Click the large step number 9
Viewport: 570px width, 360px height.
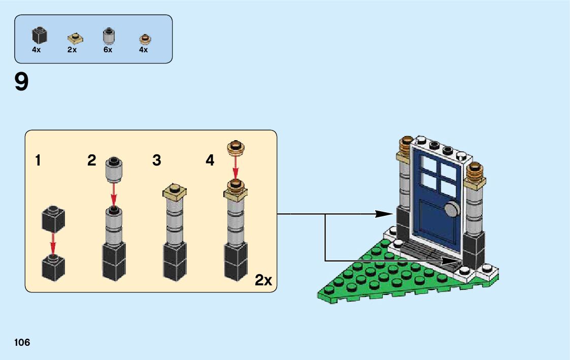point(22,83)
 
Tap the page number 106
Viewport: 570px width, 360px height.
point(22,342)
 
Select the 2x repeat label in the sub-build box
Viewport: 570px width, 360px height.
point(263,280)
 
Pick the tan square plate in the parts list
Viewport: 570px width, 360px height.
point(75,38)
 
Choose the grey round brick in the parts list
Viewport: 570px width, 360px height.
point(108,37)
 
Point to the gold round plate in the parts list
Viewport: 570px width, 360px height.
point(145,39)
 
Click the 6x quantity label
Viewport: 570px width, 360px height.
point(108,50)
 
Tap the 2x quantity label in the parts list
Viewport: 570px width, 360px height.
point(72,50)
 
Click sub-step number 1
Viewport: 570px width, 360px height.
point(38,160)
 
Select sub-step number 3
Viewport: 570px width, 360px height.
point(157,160)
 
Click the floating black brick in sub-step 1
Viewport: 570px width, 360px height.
point(52,219)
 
